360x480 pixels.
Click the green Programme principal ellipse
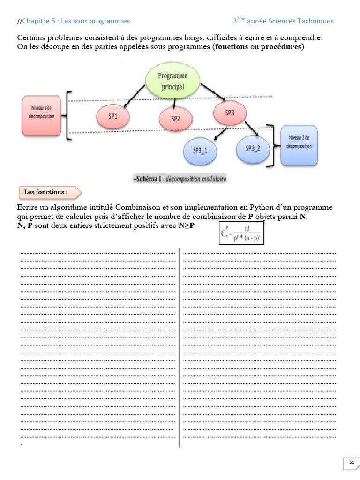(x=172, y=81)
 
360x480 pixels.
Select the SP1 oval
(x=112, y=115)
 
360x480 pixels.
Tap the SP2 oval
(x=175, y=118)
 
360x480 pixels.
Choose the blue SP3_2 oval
(x=253, y=148)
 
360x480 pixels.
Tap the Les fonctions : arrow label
(x=50, y=192)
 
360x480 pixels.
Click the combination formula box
(x=242, y=233)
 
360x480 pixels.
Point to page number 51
(x=352, y=463)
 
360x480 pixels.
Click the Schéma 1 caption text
(x=180, y=179)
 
